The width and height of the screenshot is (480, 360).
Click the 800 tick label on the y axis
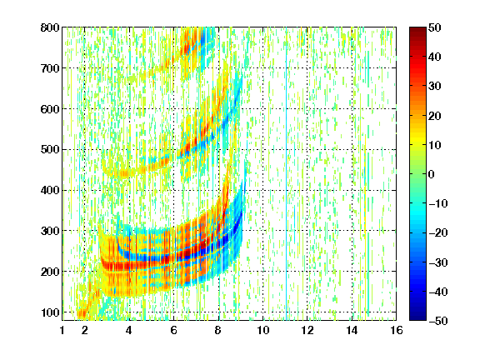[50, 27]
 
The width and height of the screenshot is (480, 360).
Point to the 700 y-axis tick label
[50, 68]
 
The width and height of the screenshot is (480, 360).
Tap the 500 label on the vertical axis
[50, 150]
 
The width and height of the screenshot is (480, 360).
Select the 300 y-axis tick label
[50, 231]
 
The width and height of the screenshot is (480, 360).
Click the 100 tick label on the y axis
[50, 312]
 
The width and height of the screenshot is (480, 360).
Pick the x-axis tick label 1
[62, 330]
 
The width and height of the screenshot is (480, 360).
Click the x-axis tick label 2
[85, 330]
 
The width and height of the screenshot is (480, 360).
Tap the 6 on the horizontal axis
[174, 330]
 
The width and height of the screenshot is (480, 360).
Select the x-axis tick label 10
[263, 330]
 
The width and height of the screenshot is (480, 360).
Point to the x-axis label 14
[352, 330]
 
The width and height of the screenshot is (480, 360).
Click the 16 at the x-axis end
[397, 330]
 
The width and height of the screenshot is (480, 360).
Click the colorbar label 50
[435, 27]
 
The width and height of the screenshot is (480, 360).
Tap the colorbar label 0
[432, 174]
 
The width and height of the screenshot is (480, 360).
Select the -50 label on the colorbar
[438, 321]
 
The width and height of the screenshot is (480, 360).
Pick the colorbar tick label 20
[435, 116]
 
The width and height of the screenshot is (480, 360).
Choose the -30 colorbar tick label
[438, 262]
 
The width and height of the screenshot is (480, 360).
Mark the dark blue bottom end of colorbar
[417, 318]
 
